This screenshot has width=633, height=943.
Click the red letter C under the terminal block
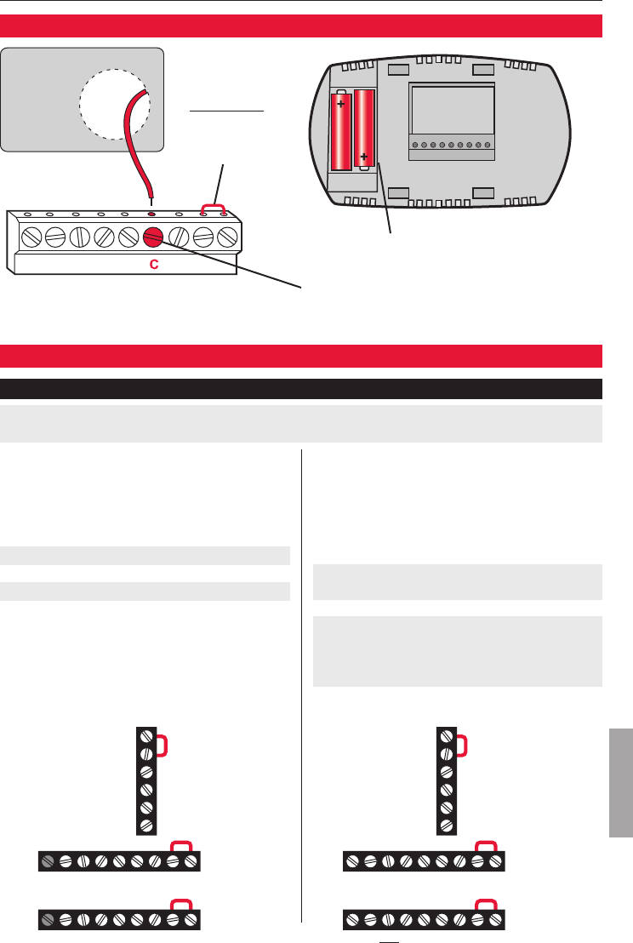point(153,265)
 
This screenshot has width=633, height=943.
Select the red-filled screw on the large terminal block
point(153,237)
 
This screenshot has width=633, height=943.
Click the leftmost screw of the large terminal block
point(28,237)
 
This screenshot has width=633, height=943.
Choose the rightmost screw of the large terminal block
point(227,237)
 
